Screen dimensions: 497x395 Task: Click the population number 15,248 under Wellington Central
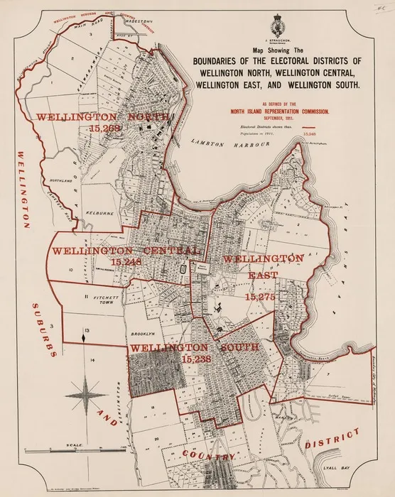click(126, 262)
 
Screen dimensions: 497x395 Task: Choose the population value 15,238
click(197, 360)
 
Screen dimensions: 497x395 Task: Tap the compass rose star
click(86, 391)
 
